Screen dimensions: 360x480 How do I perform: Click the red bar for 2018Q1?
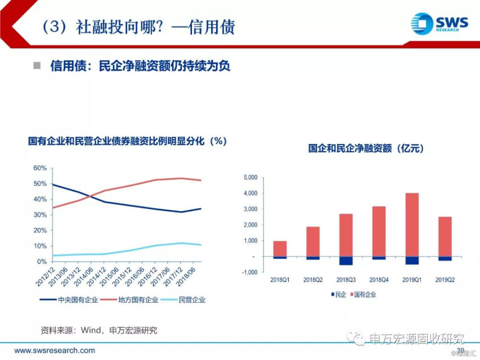coord(280,249)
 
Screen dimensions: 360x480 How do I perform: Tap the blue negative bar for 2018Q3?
coord(346,261)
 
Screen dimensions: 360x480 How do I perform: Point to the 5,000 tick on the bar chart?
coord(251,178)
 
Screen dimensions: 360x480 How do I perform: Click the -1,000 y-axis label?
coord(250,272)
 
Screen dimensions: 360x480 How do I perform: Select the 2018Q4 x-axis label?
coord(379,280)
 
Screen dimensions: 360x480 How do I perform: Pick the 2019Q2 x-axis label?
coord(444,280)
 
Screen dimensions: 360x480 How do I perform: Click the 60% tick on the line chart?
coord(40,168)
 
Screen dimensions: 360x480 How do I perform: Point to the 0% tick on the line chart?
coord(42,262)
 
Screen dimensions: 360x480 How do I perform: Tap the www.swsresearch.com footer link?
coord(54,350)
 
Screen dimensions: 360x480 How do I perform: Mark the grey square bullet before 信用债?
coord(37,66)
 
